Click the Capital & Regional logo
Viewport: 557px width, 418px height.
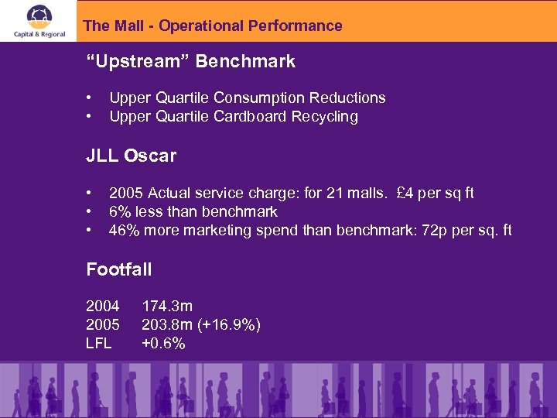(x=38, y=21)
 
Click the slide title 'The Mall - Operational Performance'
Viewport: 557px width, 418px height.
(x=212, y=26)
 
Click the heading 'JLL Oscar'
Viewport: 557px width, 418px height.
(x=131, y=156)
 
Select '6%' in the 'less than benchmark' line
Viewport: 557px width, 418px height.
(x=121, y=211)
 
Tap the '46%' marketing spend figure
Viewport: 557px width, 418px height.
(x=125, y=230)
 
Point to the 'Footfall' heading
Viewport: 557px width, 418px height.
(x=118, y=270)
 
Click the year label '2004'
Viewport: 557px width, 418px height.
(x=102, y=307)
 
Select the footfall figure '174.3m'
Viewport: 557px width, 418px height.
(x=167, y=307)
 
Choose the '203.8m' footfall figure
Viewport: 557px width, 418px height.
(x=167, y=325)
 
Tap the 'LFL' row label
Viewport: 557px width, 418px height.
(x=99, y=344)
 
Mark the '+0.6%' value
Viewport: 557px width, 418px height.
(x=163, y=344)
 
